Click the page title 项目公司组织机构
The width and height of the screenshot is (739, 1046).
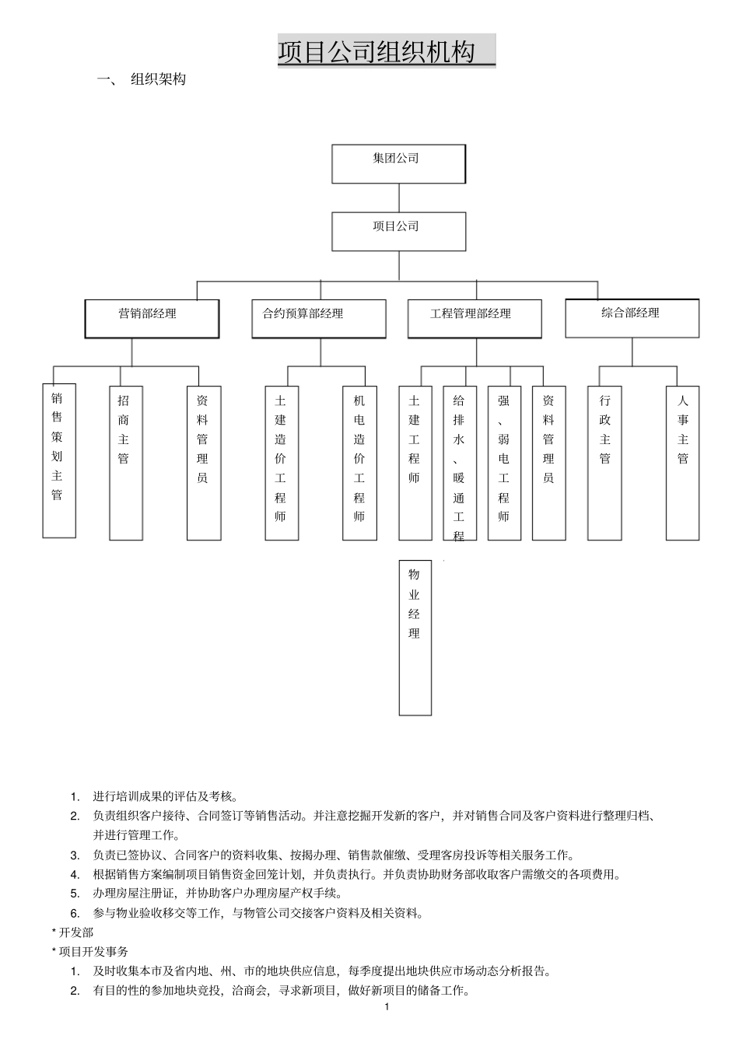[x=386, y=52]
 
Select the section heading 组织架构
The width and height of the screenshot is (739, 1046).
[x=158, y=79]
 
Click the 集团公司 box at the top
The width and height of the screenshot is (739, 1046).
[x=398, y=163]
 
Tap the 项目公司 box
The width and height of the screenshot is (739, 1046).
[x=398, y=231]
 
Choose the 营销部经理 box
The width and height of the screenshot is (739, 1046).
[x=152, y=318]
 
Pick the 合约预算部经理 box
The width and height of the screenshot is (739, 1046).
[x=318, y=318]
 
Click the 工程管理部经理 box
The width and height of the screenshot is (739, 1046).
[x=474, y=318]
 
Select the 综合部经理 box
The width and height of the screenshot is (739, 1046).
[x=632, y=317]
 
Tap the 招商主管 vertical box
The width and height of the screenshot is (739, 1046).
[x=125, y=462]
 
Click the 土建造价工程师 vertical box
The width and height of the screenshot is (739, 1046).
[x=282, y=462]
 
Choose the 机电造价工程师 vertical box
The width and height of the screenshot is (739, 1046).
[x=359, y=462]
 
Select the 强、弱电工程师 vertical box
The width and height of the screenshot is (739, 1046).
[x=504, y=462]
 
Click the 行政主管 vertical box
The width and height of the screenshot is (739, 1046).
[x=604, y=462]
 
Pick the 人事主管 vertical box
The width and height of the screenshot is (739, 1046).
[x=682, y=462]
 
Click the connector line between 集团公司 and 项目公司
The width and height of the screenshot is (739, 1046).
[x=399, y=198]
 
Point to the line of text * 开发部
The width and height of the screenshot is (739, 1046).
[x=72, y=932]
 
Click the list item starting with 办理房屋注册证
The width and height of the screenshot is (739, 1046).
[x=217, y=894]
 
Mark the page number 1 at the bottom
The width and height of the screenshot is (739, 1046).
[x=387, y=1007]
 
